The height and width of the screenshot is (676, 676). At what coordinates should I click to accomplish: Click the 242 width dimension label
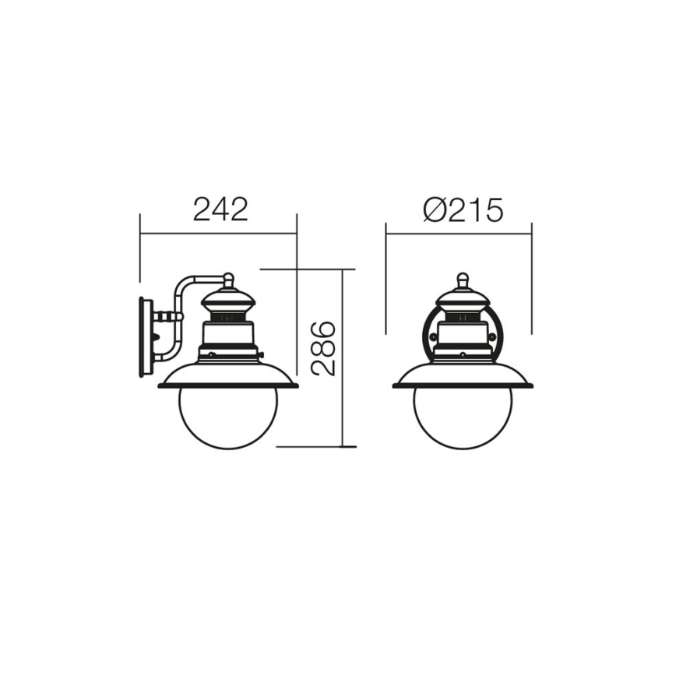pos(220,209)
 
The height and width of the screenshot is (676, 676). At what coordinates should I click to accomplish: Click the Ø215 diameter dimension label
pos(463,209)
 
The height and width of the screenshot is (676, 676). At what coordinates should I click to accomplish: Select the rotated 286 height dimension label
pos(324,348)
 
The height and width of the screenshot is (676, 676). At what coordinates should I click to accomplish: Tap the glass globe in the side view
pos(228,417)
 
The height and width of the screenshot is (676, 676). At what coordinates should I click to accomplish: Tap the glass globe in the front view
pos(463,417)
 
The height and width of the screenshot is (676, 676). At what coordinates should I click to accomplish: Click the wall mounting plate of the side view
pos(144,336)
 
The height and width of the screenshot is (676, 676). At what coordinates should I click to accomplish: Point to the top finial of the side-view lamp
pos(228,278)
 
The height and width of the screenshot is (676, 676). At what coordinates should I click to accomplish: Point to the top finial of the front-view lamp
pos(463,279)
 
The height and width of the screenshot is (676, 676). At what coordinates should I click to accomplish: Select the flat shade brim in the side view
pos(228,385)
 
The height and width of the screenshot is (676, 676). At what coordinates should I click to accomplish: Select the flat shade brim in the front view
pos(463,385)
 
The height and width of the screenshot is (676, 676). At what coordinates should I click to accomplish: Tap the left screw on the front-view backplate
pos(433,336)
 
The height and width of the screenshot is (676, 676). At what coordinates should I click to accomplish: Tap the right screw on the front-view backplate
pos(493,336)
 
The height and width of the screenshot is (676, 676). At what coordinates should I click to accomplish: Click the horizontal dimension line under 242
pos(218,232)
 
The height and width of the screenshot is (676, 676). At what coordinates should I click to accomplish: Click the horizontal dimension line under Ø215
pos(459,232)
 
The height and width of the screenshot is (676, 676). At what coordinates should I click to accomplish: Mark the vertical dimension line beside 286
pos(343,358)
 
